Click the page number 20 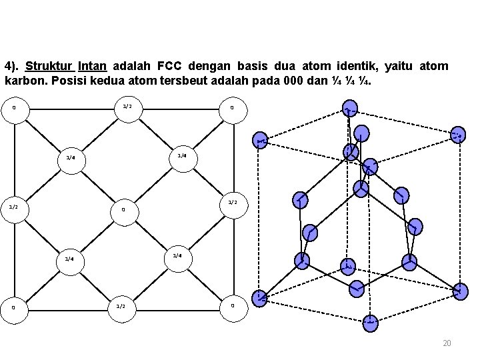click(447, 343)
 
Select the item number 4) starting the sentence click(11, 67)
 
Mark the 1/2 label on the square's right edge click(233, 202)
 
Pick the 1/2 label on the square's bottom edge click(121, 306)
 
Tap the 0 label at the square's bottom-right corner click(231, 305)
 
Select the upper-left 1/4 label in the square click(69, 159)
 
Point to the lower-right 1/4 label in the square click(177, 255)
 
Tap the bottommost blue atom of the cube click(370, 323)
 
